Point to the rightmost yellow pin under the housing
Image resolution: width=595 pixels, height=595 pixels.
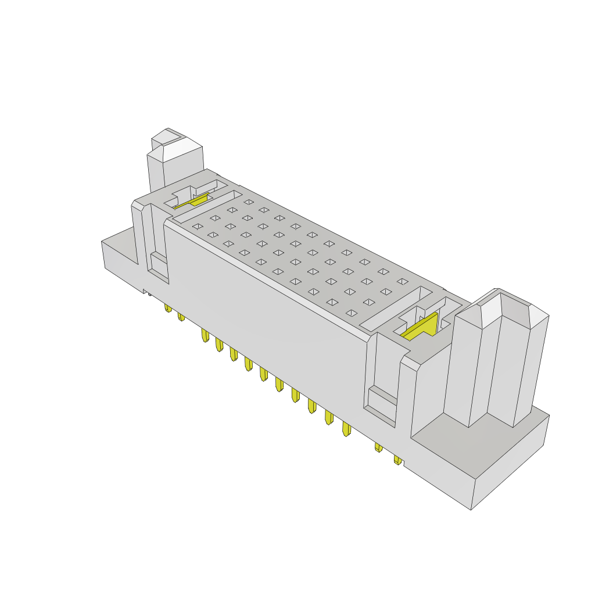point(397,460)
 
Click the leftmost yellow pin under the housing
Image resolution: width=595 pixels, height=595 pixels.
point(167,307)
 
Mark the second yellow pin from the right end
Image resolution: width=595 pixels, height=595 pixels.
point(378,447)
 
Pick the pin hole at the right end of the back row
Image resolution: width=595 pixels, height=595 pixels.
point(402,281)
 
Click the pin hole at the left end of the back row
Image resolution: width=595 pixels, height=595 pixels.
point(249,202)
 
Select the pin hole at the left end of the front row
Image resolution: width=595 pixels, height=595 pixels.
point(198,226)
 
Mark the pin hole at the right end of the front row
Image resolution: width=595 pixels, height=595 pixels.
point(351,313)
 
